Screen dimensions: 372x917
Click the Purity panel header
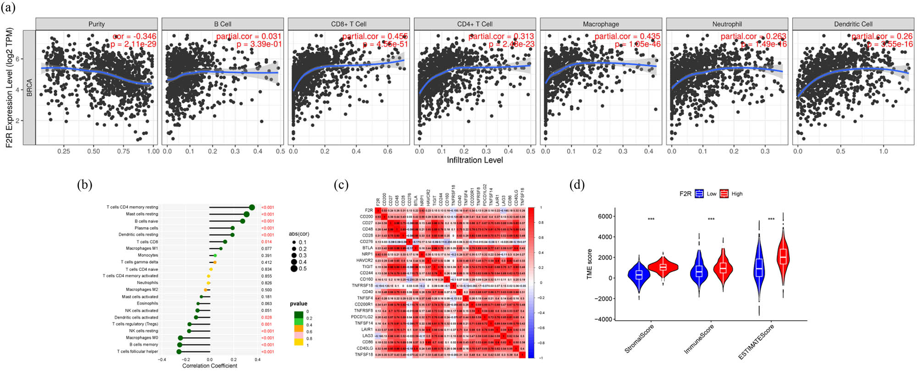(x=96, y=24)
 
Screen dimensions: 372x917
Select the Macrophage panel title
(x=601, y=24)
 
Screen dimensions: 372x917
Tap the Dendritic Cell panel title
(x=853, y=24)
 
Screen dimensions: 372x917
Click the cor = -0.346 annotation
(x=134, y=36)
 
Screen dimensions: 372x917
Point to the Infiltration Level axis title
(x=475, y=160)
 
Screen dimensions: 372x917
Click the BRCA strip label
(x=29, y=88)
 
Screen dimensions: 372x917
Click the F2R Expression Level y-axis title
(x=9, y=88)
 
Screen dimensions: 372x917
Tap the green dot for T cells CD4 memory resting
(x=252, y=208)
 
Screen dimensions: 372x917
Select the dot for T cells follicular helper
(x=179, y=351)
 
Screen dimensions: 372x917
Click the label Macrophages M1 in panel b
(x=142, y=248)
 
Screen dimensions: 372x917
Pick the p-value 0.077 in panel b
(x=266, y=248)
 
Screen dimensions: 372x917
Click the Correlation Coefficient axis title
(x=210, y=366)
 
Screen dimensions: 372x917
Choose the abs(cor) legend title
(x=299, y=234)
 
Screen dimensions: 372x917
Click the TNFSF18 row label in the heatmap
(x=364, y=354)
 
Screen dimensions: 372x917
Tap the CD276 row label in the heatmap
(x=366, y=241)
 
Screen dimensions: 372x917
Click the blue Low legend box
(x=699, y=194)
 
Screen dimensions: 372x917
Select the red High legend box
(x=724, y=194)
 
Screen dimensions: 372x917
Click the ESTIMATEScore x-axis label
(x=757, y=342)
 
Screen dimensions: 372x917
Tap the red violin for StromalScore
(x=663, y=267)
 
